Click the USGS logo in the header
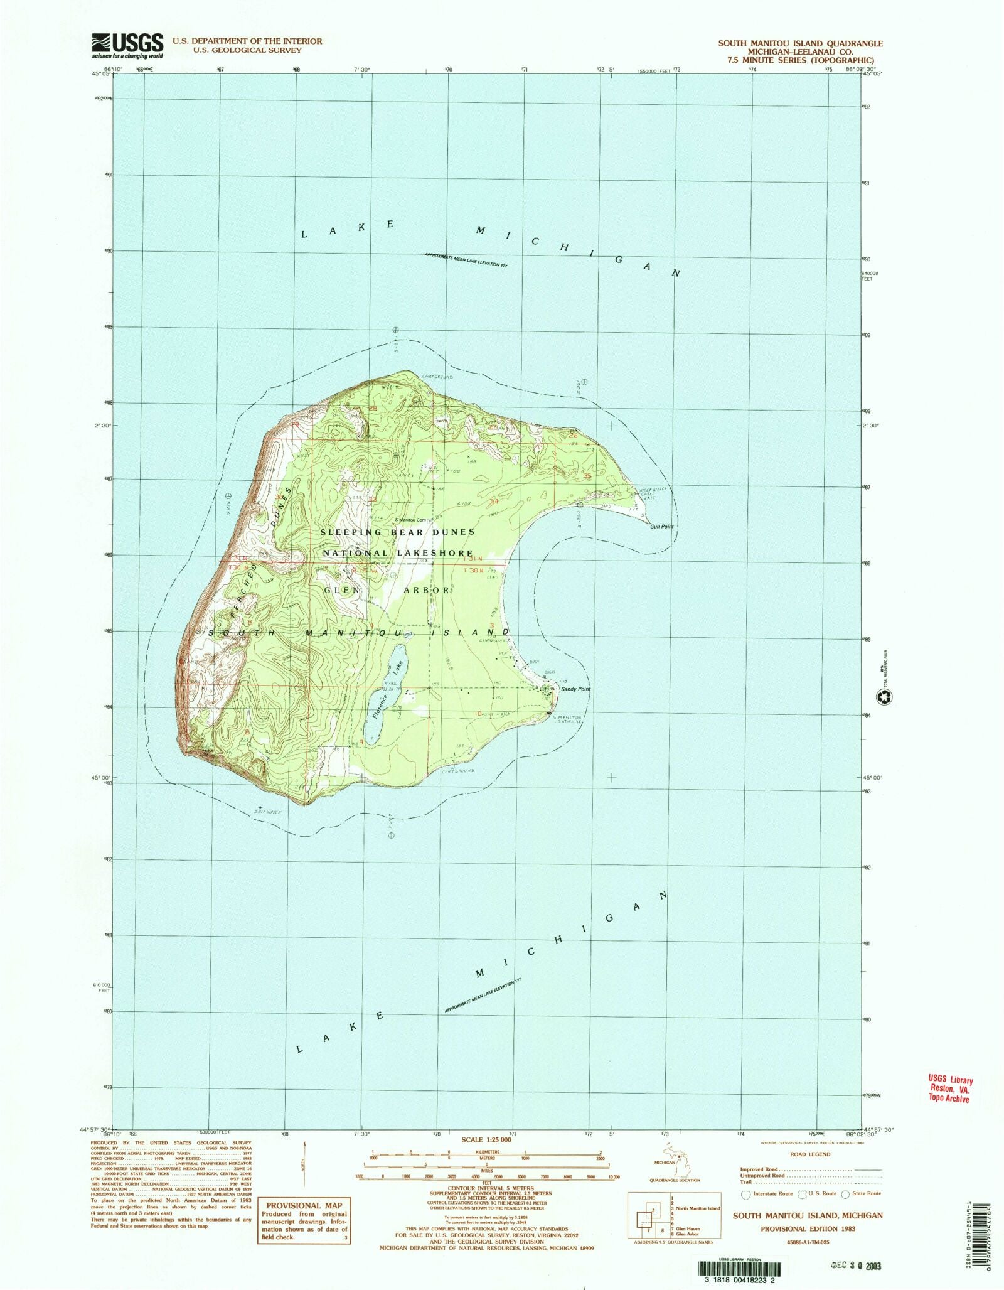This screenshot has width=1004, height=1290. (127, 45)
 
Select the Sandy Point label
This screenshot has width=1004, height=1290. (575, 689)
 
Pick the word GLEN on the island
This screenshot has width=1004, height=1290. (342, 591)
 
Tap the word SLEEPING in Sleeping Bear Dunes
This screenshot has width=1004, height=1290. (351, 532)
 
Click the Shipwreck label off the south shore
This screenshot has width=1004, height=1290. (267, 812)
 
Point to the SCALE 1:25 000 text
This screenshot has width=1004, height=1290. (486, 1139)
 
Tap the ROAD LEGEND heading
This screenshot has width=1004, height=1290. (811, 1154)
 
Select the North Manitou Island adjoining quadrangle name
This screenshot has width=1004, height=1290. (698, 1208)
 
